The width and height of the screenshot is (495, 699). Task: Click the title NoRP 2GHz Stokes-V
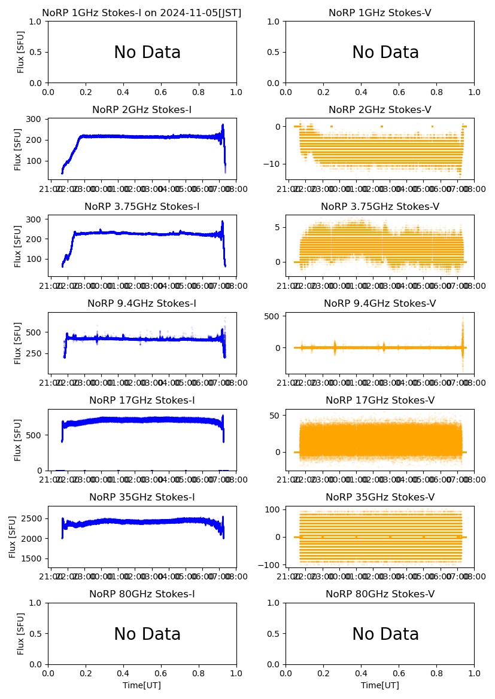pos(379,110)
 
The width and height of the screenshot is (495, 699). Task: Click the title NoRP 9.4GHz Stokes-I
pos(142,304)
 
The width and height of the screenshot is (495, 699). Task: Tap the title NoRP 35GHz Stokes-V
pos(379,497)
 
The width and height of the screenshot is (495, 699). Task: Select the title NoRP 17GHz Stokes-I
pos(142,401)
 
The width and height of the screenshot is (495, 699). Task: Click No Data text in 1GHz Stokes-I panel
pos(147,53)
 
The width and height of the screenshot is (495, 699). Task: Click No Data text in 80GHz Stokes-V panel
pos(385,634)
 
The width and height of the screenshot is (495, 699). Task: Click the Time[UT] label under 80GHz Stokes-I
pos(142,685)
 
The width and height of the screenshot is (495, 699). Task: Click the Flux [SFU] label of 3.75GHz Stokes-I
pos(19,246)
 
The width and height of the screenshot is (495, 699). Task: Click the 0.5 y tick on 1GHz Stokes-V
pos(274,52)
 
